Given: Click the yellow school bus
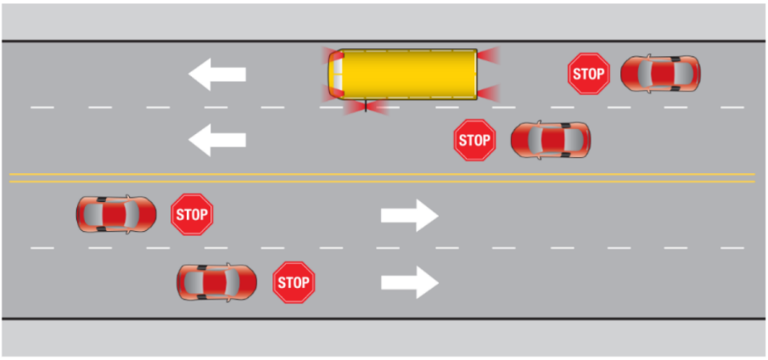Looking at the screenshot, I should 404,74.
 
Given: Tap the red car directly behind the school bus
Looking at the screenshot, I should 660,74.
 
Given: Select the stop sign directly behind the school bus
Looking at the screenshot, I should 588,74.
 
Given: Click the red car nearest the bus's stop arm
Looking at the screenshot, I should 550,139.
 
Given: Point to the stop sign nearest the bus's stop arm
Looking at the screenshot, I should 474,139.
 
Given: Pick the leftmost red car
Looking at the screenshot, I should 115,214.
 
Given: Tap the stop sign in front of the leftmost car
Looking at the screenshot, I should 192,214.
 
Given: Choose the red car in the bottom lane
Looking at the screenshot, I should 216,281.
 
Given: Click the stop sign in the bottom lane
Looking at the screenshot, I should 294,282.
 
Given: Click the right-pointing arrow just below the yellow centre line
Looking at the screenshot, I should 409,216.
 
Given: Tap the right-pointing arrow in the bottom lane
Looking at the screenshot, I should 409,282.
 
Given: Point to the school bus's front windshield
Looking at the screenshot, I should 337,74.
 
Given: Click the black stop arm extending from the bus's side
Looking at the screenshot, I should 366,105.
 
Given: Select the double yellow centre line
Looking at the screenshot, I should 382,177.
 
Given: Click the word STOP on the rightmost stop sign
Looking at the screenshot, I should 588,75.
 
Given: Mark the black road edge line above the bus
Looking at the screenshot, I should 382,41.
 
